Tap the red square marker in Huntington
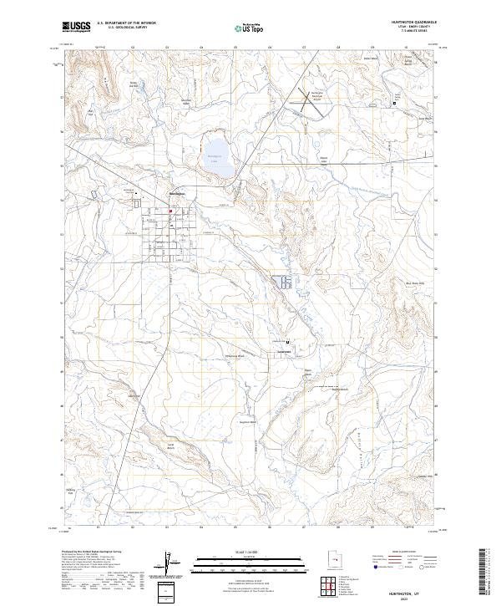pos(170,211)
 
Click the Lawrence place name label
pos(283,351)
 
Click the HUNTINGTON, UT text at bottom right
pos(415,590)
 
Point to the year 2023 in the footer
pos(415,597)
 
